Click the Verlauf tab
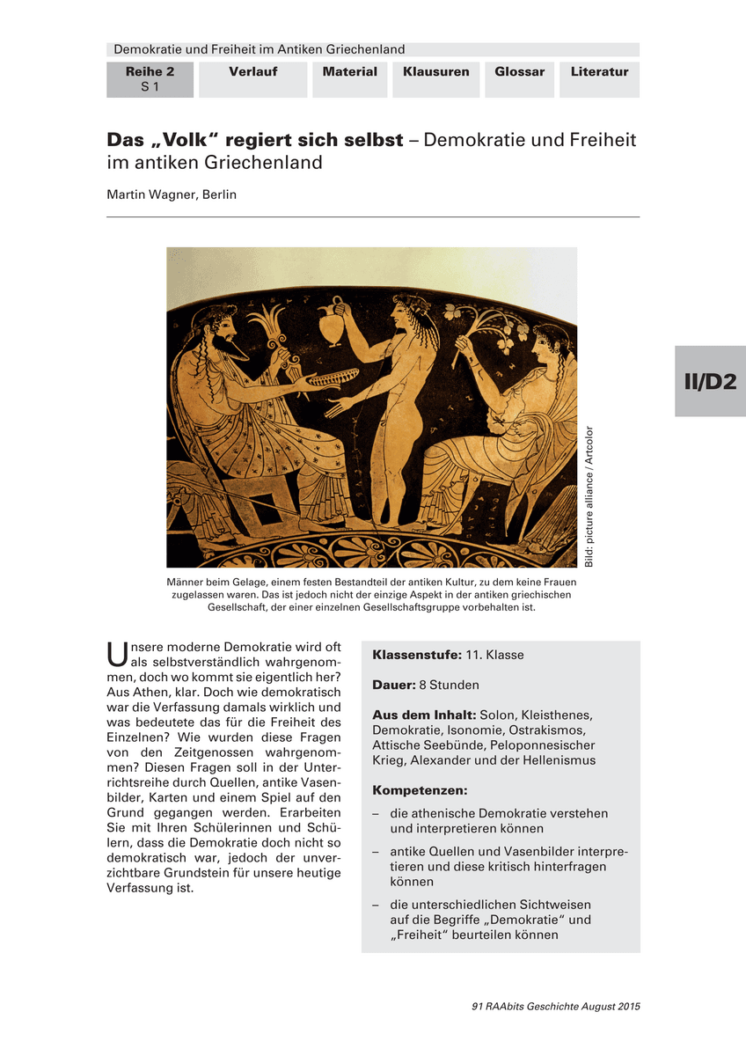(253, 72)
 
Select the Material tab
(349, 72)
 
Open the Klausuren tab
(436, 72)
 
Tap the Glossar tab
(519, 72)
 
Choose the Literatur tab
(599, 72)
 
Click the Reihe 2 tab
(150, 79)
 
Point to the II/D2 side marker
(710, 382)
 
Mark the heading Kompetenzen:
(420, 790)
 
